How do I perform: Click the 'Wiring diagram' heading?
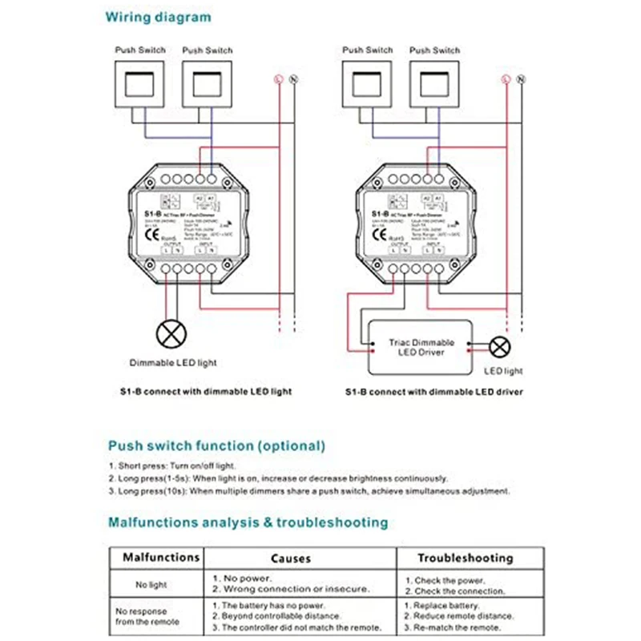(159, 17)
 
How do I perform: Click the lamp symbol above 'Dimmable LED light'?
(168, 334)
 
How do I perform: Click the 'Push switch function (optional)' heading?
(216, 445)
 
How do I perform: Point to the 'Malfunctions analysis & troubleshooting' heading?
(248, 522)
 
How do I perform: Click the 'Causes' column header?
(290, 558)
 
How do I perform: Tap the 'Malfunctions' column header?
(160, 557)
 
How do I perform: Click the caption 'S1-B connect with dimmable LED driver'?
(433, 392)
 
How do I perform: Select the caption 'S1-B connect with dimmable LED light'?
(200, 392)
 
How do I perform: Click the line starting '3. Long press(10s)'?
(309, 491)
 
